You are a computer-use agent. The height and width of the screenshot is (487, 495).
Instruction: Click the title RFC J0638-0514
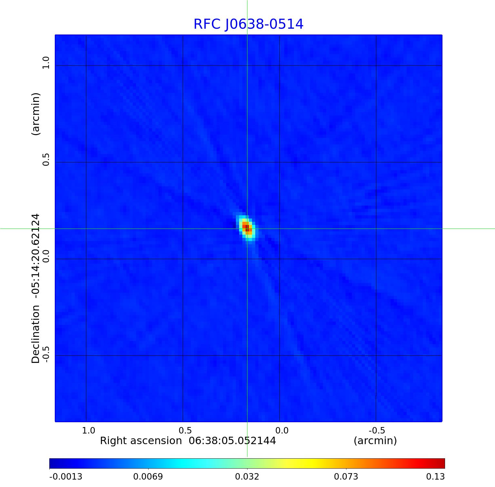click(x=248, y=24)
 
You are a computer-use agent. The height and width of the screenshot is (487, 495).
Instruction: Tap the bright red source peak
click(x=247, y=228)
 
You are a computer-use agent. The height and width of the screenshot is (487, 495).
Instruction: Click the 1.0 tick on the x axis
click(x=89, y=431)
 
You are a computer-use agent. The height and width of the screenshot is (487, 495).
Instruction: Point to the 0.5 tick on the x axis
click(x=185, y=431)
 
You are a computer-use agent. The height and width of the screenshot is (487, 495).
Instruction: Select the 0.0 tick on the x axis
click(x=282, y=431)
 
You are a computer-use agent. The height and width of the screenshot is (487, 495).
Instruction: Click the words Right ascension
click(x=141, y=441)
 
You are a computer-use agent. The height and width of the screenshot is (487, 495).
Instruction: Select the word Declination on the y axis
click(x=36, y=334)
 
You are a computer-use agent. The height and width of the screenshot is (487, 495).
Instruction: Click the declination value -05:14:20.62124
click(x=36, y=256)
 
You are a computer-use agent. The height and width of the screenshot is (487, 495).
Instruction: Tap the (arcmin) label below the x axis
click(x=375, y=441)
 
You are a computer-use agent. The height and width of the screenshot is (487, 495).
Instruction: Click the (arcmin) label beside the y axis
click(x=36, y=114)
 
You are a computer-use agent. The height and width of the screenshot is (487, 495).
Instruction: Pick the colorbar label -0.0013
click(x=66, y=477)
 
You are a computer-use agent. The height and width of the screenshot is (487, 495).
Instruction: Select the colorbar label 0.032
click(x=247, y=477)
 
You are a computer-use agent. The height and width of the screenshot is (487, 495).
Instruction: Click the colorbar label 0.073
click(x=346, y=477)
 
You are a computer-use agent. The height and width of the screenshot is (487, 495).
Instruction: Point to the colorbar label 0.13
click(x=435, y=477)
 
